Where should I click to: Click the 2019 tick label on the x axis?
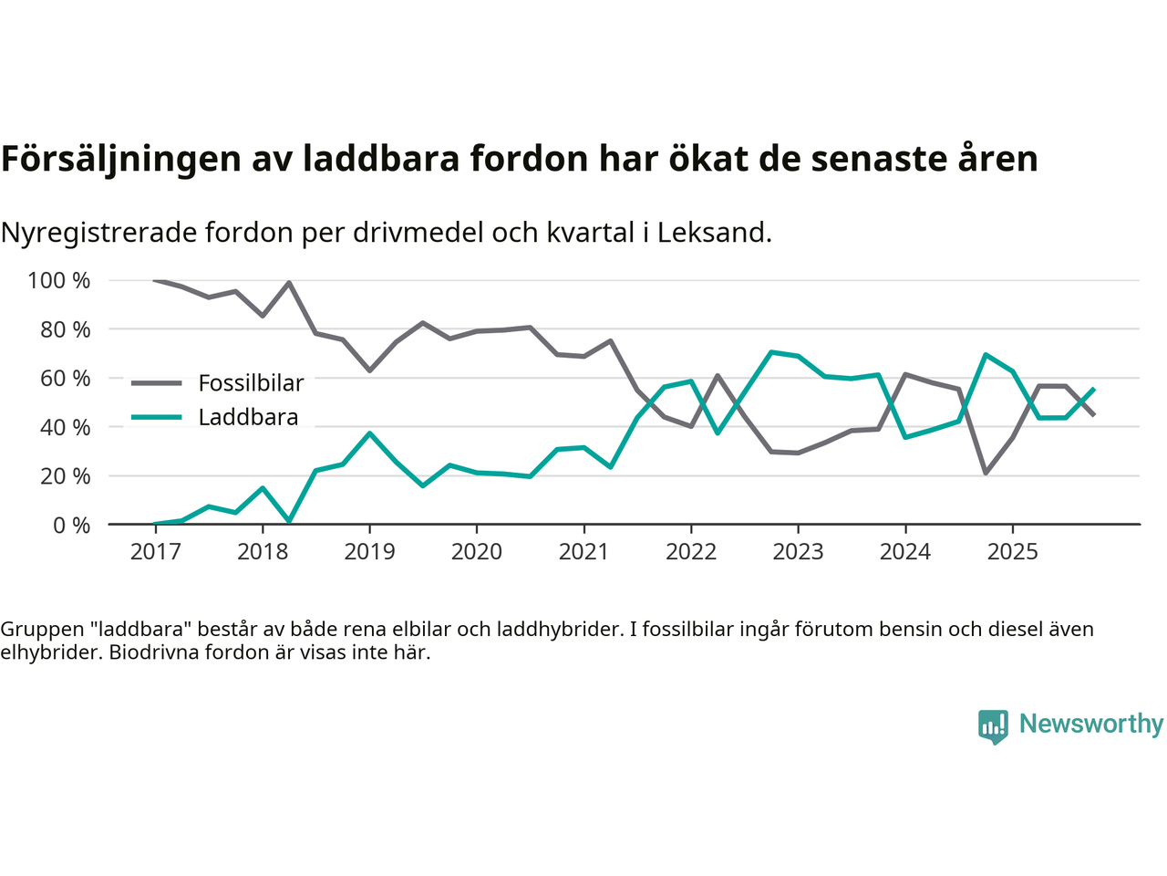pyautogui.click(x=369, y=552)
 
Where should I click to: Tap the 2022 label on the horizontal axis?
pyautogui.click(x=691, y=552)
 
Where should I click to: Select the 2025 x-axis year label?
pyautogui.click(x=1012, y=552)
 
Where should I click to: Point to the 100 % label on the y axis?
pyautogui.click(x=59, y=281)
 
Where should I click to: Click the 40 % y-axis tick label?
pyautogui.click(x=65, y=427)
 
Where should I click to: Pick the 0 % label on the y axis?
pyautogui.click(x=70, y=526)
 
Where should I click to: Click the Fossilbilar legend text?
pyautogui.click(x=251, y=383)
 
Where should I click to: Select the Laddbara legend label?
pyautogui.click(x=248, y=418)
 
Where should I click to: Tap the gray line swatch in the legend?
pyautogui.click(x=156, y=383)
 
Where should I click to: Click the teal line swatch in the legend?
pyautogui.click(x=156, y=418)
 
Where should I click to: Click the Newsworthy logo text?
pyautogui.click(x=1090, y=725)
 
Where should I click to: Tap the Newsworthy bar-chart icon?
pyautogui.click(x=993, y=726)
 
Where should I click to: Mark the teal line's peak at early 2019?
pyautogui.click(x=369, y=433)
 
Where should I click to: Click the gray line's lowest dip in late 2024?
pyautogui.click(x=986, y=473)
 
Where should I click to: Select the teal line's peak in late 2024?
pyautogui.click(x=986, y=354)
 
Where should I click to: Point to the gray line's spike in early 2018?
pyautogui.click(x=289, y=283)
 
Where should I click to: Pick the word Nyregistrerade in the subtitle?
pyautogui.click(x=98, y=234)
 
